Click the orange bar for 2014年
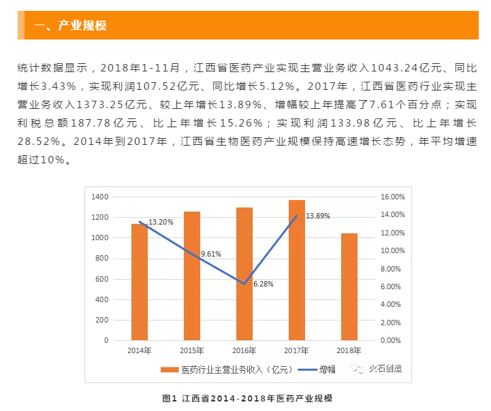(x=140, y=282)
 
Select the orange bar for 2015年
(x=192, y=276)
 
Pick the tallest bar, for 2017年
(x=297, y=269)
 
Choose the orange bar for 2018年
(x=349, y=286)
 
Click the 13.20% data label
(x=161, y=222)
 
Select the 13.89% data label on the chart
(x=318, y=216)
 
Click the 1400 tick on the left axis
(x=99, y=197)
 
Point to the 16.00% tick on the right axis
(x=392, y=197)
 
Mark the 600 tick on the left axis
(x=101, y=279)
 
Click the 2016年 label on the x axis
(x=244, y=350)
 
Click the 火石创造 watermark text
(x=385, y=369)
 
